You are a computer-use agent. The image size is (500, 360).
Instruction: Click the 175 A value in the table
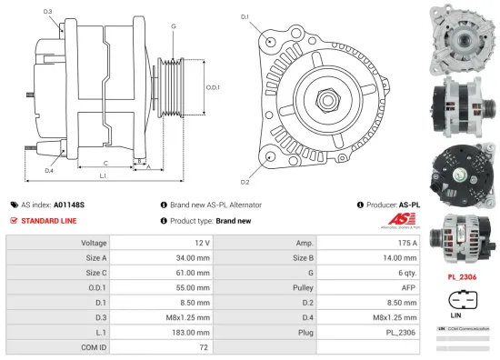click(x=406, y=244)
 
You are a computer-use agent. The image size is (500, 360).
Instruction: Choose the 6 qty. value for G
click(x=405, y=270)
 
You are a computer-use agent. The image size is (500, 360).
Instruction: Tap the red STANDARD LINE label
click(x=48, y=220)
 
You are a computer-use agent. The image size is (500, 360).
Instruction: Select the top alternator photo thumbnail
click(x=460, y=35)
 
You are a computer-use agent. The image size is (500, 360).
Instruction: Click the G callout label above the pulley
click(x=174, y=26)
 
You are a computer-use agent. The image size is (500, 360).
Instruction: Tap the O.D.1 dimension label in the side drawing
click(x=212, y=86)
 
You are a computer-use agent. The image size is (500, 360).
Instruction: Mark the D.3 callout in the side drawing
click(x=47, y=12)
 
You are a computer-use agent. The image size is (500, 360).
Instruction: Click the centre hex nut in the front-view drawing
click(x=323, y=94)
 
